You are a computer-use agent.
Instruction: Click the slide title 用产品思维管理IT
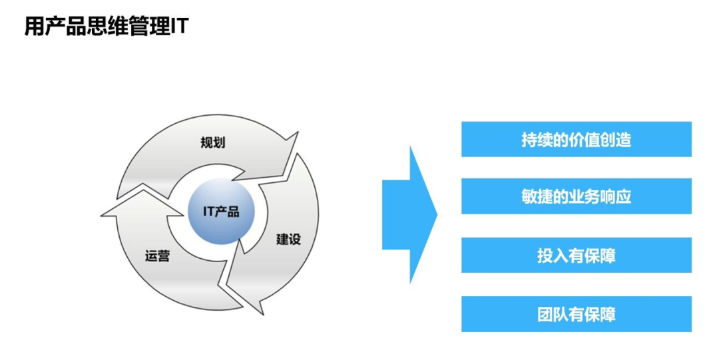107,26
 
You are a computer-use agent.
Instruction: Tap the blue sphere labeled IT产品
221,211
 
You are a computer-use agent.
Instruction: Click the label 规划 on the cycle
213,142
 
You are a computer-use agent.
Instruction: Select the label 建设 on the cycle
288,239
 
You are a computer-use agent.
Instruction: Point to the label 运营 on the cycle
157,256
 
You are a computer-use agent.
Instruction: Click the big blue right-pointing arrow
409,215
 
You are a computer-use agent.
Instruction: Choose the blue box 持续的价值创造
577,139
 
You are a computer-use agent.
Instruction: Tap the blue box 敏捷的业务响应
577,196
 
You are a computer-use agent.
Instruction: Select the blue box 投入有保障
577,255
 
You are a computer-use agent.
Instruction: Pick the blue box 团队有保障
577,314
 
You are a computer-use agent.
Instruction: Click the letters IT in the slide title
179,26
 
